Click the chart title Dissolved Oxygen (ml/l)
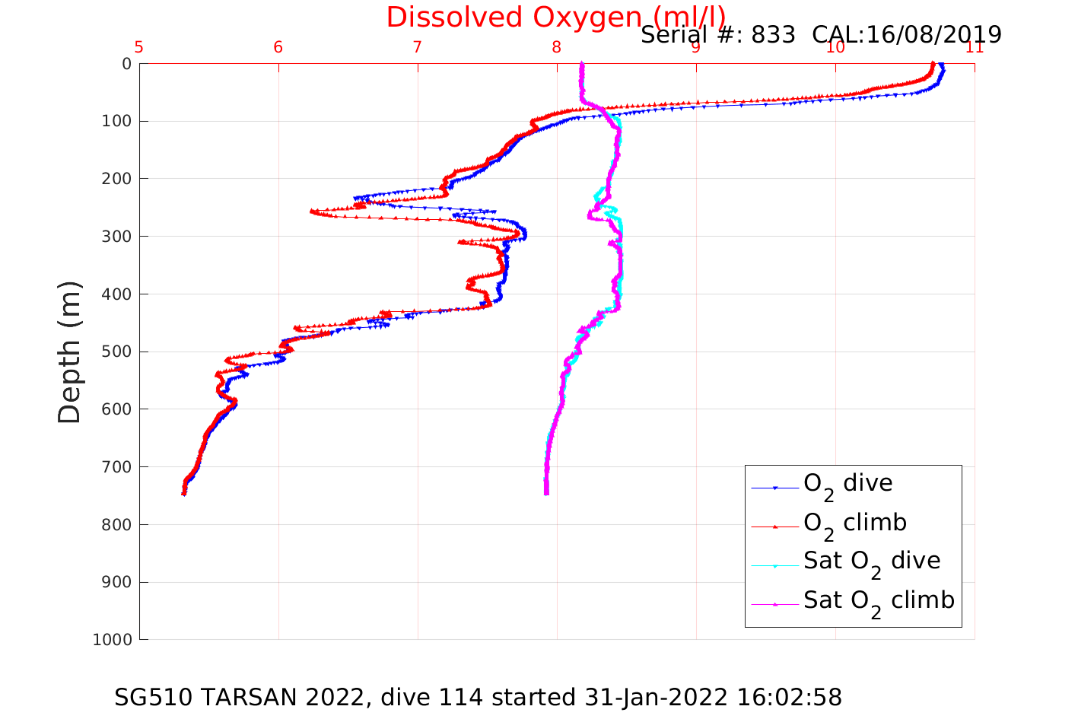click(x=555, y=17)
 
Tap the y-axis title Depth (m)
click(x=69, y=352)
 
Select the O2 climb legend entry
click(x=854, y=524)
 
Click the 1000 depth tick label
click(x=113, y=640)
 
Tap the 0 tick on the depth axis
click(x=126, y=64)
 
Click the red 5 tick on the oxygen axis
click(x=139, y=47)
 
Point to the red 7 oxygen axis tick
click(x=418, y=47)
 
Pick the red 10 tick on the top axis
click(x=835, y=47)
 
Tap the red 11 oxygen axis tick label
click(x=975, y=47)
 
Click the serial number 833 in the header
click(x=773, y=35)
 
